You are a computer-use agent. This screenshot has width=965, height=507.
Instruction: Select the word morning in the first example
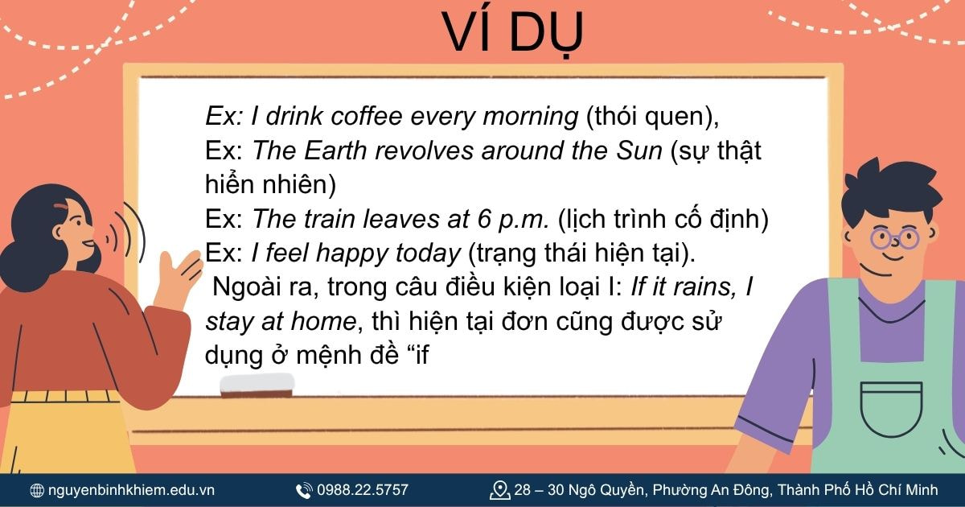pos(530,117)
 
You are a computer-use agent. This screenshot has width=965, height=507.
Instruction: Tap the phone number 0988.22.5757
pos(363,490)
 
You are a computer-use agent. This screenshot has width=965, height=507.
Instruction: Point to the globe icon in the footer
pos(37,490)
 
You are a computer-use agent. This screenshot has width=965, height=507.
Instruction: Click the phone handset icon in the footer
pos(304,490)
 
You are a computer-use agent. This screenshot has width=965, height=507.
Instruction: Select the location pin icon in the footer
pos(500,490)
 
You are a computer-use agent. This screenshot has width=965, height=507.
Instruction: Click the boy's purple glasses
pos(895,237)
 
